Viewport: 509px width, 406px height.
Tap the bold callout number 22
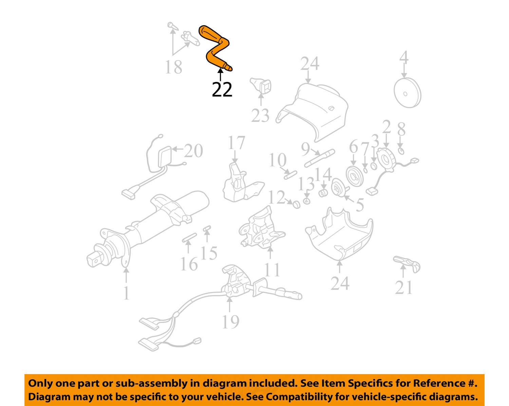tap(222, 89)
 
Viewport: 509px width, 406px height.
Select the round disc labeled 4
tap(407, 93)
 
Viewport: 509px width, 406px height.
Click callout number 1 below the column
tap(126, 293)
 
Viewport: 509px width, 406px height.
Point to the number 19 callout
tap(230, 321)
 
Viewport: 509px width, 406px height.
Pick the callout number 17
tap(236, 143)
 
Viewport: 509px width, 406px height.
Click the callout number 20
tap(193, 151)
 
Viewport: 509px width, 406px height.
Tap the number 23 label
tap(260, 115)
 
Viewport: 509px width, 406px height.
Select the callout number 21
tap(403, 287)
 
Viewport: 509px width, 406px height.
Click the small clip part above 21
tap(407, 263)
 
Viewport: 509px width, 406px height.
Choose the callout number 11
tap(272, 270)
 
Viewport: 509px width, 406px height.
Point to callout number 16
tap(189, 264)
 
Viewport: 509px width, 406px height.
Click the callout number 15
tap(209, 253)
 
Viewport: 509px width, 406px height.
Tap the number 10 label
tap(278, 160)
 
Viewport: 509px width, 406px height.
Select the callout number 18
tap(173, 67)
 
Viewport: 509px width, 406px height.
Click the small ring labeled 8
tap(401, 151)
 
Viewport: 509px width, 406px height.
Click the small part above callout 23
tap(261, 85)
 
